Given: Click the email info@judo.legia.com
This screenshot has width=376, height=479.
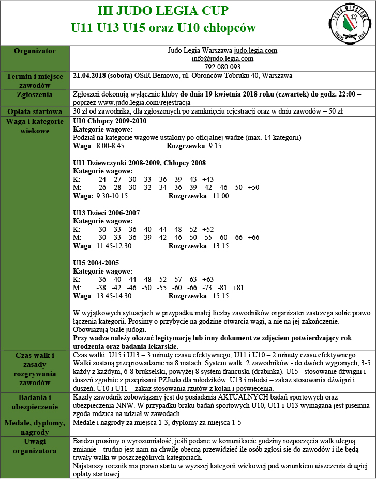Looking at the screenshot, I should (222, 58).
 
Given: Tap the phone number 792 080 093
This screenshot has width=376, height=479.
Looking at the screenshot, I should (222, 67).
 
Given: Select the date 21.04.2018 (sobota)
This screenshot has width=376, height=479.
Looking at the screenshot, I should (103, 75).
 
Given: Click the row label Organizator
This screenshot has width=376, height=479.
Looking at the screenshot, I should (35, 51).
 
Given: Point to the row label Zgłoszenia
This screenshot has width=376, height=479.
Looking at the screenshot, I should (35, 95).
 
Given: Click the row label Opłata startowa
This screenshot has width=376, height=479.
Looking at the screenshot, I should (35, 111).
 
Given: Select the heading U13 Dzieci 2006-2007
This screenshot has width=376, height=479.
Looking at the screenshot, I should (106, 213).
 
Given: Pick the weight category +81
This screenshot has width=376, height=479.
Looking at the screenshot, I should (238, 288).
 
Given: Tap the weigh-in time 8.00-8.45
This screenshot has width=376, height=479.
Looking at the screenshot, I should (110, 146).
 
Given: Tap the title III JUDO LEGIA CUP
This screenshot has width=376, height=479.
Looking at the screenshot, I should (163, 11).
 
